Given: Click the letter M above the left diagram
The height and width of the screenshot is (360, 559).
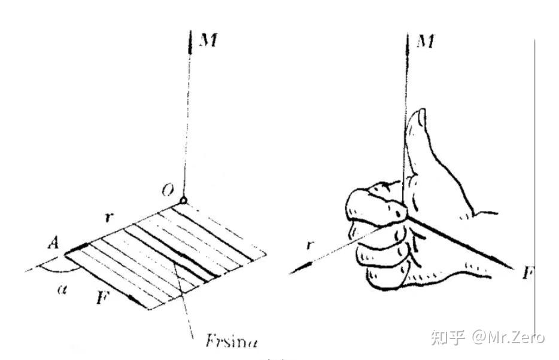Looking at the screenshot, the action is [x=209, y=40].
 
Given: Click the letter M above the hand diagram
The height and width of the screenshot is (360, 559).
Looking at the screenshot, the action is [x=426, y=42].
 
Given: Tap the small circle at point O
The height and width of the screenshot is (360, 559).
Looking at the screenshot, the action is [x=183, y=200].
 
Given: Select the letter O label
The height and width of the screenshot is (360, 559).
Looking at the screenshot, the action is [x=168, y=191].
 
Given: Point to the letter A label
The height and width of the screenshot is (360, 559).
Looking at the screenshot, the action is [x=53, y=243].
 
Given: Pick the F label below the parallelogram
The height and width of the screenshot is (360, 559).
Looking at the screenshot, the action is [x=102, y=297].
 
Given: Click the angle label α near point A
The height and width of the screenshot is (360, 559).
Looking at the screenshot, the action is [x=62, y=289].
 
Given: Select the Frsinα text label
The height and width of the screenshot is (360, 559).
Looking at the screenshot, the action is [x=232, y=341].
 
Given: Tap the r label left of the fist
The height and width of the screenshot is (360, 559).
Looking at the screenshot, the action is [x=311, y=245].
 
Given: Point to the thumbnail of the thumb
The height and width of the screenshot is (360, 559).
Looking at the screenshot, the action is [x=421, y=117].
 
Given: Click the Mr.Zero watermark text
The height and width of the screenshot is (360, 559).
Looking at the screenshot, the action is [x=509, y=337].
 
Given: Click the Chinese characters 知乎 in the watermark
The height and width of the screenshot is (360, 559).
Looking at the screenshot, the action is [x=448, y=337].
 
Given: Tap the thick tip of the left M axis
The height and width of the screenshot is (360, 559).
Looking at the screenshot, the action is [x=190, y=42].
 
